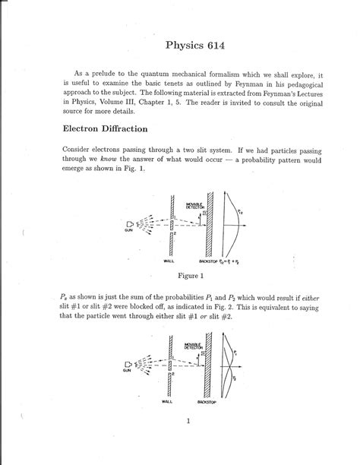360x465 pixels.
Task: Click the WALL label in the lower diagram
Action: point(167,400)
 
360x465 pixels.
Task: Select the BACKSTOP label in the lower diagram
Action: point(209,400)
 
